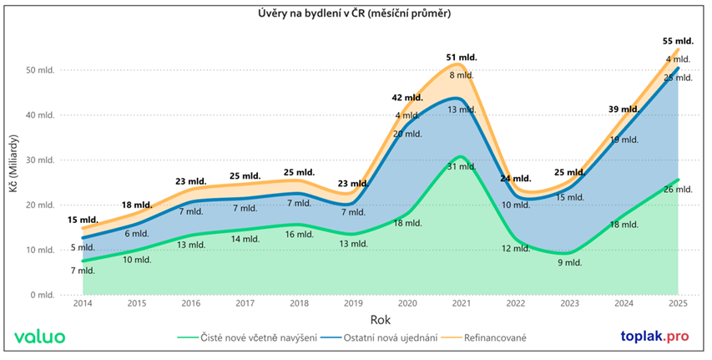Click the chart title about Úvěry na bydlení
[x=356, y=14]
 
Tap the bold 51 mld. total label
[x=462, y=58]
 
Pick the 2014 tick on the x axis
[x=83, y=304]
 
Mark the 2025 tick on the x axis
[x=679, y=304]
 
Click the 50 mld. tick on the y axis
[x=40, y=70]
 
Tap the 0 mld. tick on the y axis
[x=42, y=295]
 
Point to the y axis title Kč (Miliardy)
[x=14, y=182]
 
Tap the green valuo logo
[x=40, y=336]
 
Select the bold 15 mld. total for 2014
[x=82, y=220]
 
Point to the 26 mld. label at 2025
[x=679, y=190]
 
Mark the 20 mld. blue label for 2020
[x=407, y=134]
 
